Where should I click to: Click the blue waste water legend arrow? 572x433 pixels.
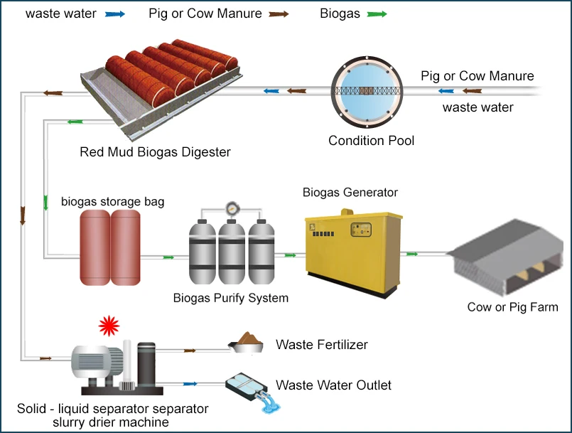(x=116, y=14)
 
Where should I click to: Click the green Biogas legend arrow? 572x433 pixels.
(x=377, y=14)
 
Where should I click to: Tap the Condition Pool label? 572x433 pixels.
(x=371, y=141)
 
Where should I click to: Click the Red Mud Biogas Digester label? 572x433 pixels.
(x=155, y=152)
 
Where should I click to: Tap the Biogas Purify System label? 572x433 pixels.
(x=231, y=298)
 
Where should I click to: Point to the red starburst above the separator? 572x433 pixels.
(x=108, y=326)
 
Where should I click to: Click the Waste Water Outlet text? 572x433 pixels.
(x=333, y=385)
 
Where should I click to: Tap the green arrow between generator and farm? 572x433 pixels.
(x=411, y=253)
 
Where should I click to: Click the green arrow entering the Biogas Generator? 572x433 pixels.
(x=290, y=255)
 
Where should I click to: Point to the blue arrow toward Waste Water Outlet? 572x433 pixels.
(x=190, y=384)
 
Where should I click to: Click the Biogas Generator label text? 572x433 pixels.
(x=350, y=192)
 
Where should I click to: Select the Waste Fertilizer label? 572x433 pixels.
(x=321, y=345)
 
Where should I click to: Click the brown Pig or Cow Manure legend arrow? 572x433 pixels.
(x=279, y=14)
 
